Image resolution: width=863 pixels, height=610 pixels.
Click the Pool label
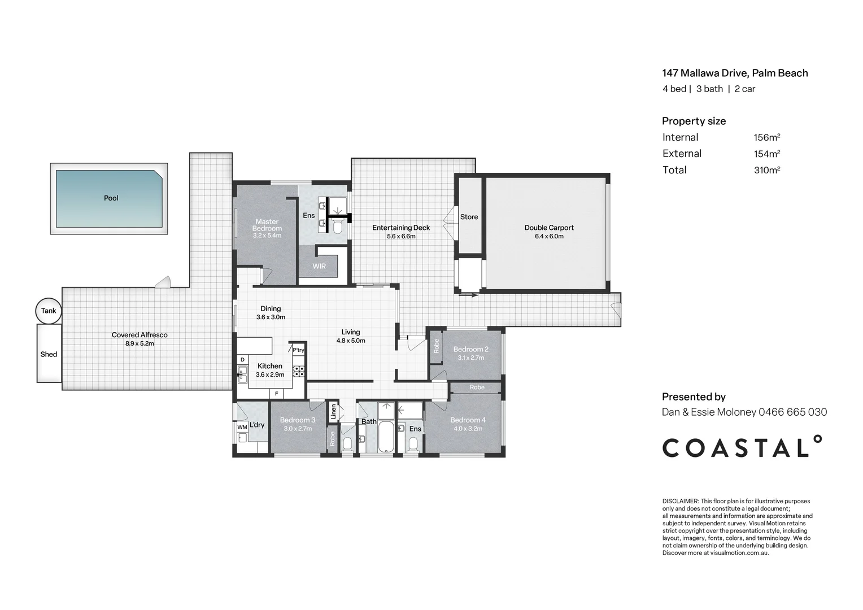111,198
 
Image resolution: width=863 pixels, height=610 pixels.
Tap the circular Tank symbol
49,311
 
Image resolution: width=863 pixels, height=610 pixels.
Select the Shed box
49,354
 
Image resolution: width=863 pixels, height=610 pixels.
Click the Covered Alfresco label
140,335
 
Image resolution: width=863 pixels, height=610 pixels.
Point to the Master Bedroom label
267,225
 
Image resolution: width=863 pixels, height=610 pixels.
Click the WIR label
319,266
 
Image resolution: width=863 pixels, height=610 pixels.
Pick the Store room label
469,217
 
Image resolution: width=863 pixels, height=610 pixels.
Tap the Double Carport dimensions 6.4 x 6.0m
549,236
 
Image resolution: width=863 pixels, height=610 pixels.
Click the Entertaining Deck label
401,228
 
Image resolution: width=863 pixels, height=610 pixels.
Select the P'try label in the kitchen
298,350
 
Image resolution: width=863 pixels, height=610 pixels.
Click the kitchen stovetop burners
298,371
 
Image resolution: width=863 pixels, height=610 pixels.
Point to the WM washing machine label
242,427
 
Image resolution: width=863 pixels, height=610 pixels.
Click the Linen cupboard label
333,412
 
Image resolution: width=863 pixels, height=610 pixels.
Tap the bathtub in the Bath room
386,437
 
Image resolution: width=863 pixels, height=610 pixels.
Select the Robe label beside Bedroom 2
436,346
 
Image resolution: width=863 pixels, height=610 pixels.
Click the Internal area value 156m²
766,137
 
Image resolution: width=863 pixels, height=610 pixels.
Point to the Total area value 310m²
766,170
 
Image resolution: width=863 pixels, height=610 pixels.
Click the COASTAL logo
742,447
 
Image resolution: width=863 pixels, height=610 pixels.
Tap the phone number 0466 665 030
792,412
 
